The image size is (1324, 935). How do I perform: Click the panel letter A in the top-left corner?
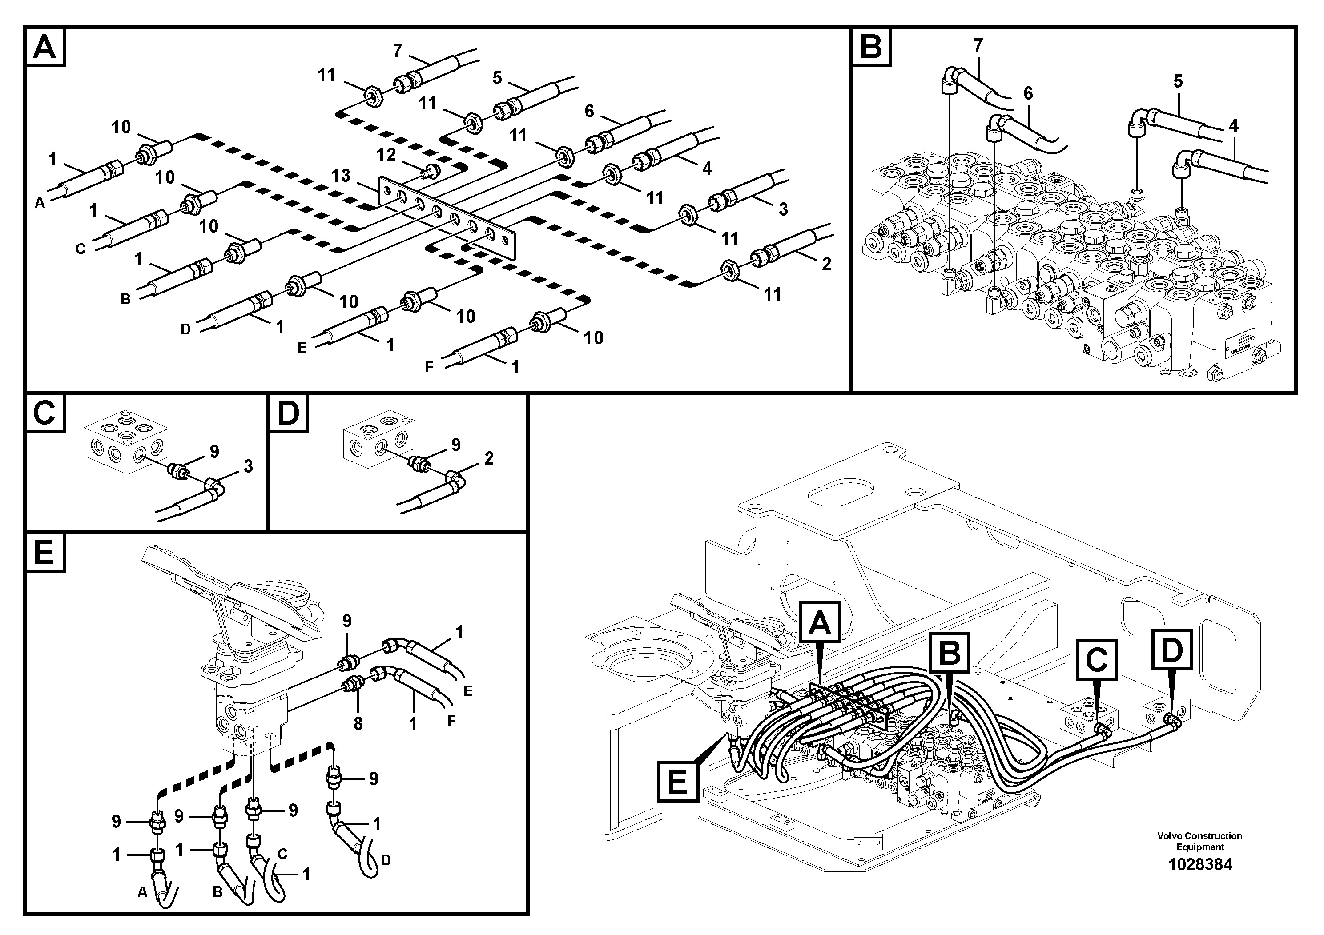[45, 47]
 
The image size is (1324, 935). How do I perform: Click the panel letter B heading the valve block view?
[871, 47]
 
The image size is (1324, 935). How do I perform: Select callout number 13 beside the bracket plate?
[341, 175]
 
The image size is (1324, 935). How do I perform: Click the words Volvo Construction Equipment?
[1200, 841]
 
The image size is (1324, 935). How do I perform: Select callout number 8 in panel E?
[358, 723]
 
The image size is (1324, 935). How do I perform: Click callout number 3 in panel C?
[248, 467]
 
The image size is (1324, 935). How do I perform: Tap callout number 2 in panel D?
[489, 458]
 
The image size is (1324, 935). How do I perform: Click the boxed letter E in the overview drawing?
[678, 782]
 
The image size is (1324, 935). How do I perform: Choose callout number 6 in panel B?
[1028, 93]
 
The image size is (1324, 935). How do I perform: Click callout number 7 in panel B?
[978, 45]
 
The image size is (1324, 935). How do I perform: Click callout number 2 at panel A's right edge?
[826, 264]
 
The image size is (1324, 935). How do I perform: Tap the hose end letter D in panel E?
[386, 860]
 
